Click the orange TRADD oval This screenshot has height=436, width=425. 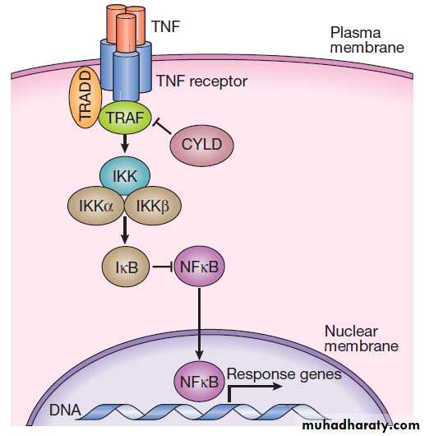85,97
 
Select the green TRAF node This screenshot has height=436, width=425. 125,118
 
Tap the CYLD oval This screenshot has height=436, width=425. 201,145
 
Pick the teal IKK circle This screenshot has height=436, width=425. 125,175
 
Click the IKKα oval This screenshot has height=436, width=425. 96,206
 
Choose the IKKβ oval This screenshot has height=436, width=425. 153,206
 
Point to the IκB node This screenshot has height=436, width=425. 126,267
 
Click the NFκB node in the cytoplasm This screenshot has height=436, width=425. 199,267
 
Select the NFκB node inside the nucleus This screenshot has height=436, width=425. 199,381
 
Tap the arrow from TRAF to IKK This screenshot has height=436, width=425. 125,143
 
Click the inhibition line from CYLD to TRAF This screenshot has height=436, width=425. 163,127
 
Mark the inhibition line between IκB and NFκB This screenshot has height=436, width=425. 163,267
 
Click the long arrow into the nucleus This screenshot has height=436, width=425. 199,324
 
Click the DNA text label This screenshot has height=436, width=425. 65,410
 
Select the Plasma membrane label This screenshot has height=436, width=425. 367,40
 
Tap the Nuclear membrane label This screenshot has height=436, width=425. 362,339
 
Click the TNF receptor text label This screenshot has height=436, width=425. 202,81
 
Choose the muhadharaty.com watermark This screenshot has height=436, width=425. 361,425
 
